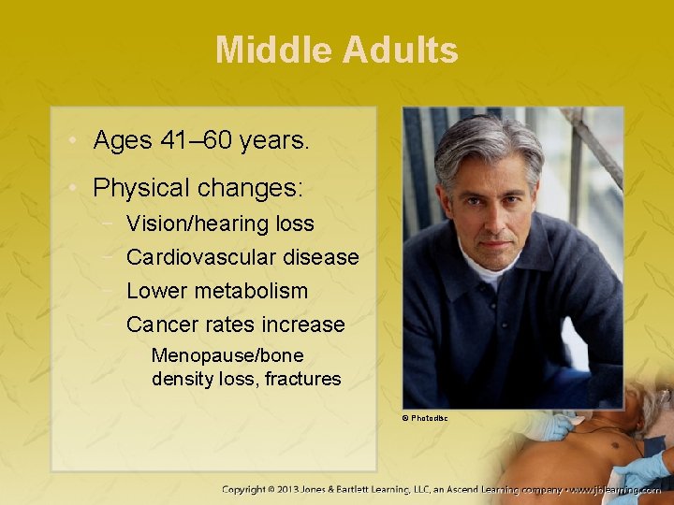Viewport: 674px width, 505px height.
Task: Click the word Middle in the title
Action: (x=273, y=50)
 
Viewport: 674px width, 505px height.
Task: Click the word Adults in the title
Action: (x=400, y=50)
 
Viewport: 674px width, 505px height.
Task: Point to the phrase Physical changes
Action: (x=198, y=188)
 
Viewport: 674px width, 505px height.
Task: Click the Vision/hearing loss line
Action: (x=220, y=224)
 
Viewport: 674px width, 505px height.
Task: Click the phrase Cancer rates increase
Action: (x=235, y=325)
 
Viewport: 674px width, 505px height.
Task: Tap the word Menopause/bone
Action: (x=227, y=356)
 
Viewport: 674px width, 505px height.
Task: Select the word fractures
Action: (x=302, y=379)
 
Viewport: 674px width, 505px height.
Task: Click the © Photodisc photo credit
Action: (x=425, y=418)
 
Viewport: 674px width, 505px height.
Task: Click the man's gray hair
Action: (x=487, y=140)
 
